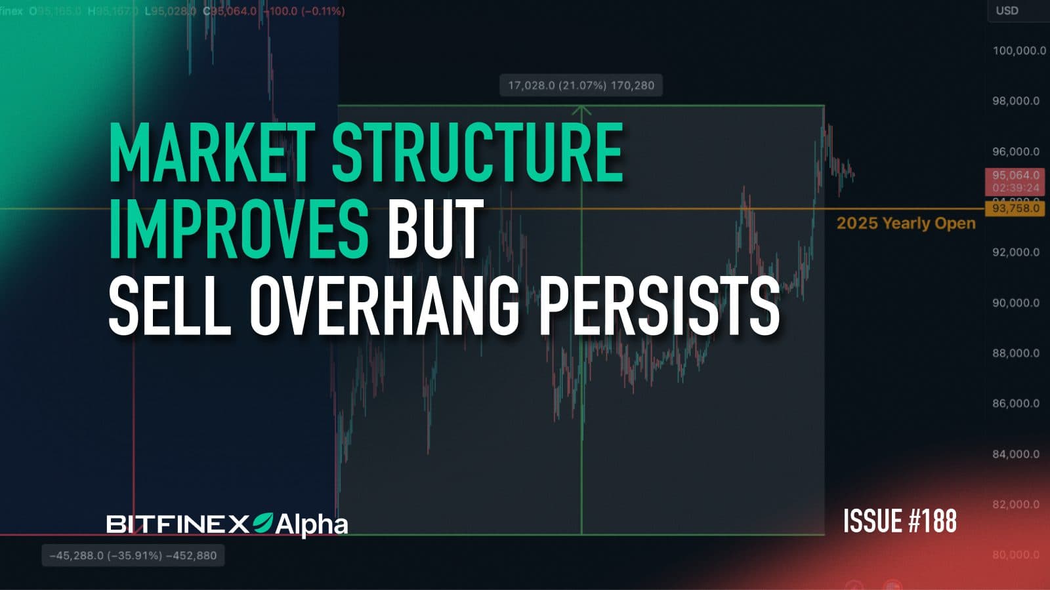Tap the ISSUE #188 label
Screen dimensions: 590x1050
[x=900, y=521]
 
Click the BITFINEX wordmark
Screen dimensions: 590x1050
[x=177, y=524]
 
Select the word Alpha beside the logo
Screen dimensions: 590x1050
[x=311, y=524]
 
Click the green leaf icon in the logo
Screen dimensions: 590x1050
[x=262, y=522]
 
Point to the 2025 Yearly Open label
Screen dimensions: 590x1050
[x=906, y=223]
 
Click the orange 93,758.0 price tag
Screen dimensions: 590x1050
[x=1015, y=208]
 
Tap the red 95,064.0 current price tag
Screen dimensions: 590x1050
[x=1015, y=176]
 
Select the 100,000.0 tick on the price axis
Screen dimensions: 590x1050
[x=1018, y=50]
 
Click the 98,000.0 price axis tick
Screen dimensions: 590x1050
[x=1016, y=101]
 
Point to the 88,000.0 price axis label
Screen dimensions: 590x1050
[x=1016, y=353]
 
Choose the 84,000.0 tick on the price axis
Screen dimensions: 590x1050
[x=1016, y=454]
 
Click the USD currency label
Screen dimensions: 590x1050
[x=1007, y=10]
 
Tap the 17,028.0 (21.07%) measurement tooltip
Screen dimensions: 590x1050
[x=581, y=85]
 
